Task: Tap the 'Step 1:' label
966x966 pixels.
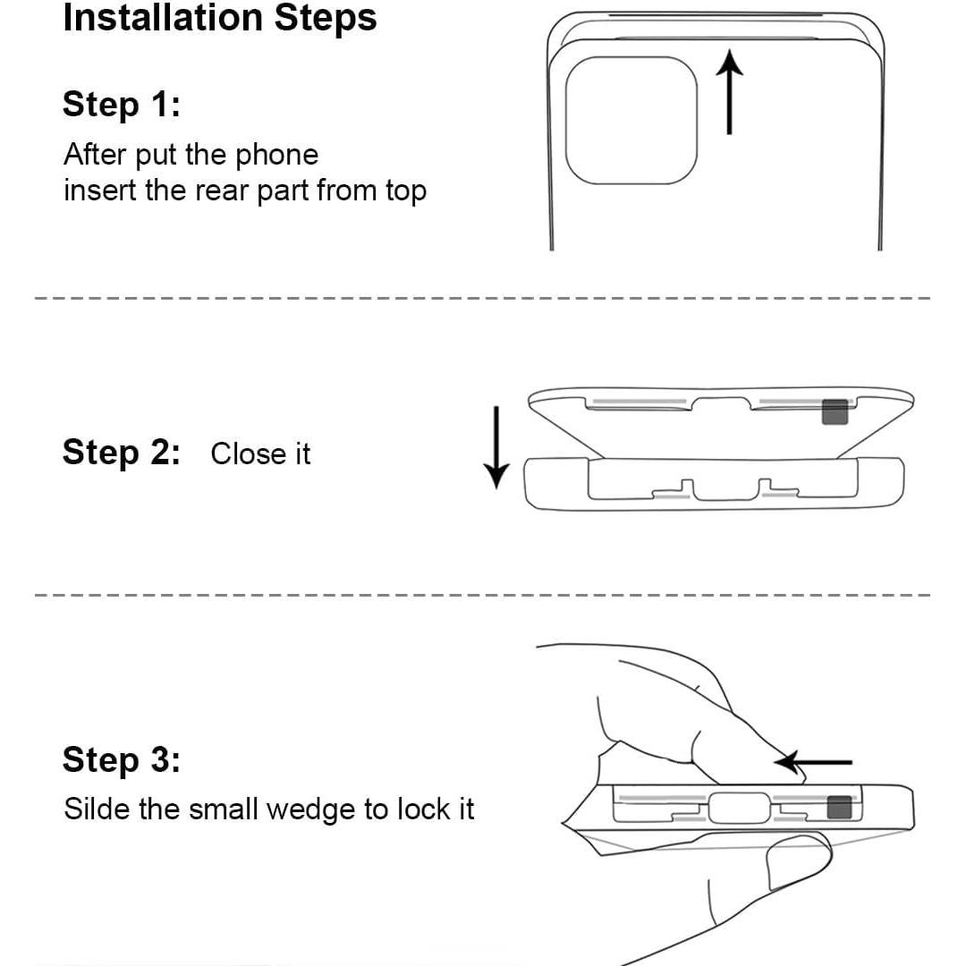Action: pos(122,104)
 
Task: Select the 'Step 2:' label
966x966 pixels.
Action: pos(122,453)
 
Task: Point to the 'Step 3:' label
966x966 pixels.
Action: pos(122,759)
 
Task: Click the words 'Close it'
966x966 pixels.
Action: pos(260,454)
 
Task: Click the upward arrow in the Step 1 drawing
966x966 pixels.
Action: pos(730,91)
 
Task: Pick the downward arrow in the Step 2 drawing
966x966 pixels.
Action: pos(496,447)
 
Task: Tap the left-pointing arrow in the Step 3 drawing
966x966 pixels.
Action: pos(813,762)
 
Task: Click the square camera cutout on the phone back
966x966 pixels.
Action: pos(631,120)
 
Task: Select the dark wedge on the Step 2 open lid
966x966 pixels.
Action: pos(835,412)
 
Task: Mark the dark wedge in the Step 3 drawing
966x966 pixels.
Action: pos(839,808)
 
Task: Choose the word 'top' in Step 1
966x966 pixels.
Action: pos(407,191)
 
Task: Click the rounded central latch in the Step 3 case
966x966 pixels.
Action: pos(740,808)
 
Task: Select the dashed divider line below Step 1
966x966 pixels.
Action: pos(482,298)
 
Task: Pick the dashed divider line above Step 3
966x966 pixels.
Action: pos(482,595)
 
